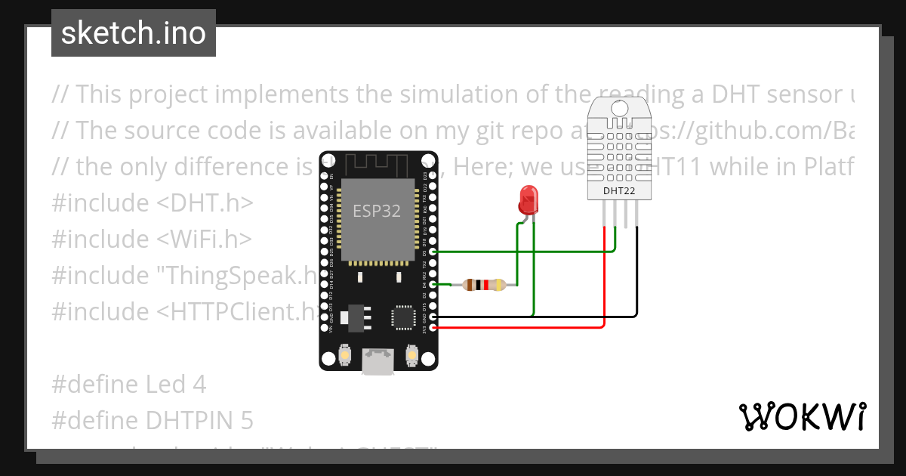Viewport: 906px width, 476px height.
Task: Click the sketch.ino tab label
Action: (x=134, y=33)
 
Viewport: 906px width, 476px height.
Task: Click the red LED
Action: (x=527, y=199)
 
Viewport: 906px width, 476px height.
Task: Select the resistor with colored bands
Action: (x=484, y=285)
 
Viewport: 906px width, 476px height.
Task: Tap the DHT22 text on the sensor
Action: (x=618, y=191)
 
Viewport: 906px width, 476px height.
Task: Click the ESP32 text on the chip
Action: (x=377, y=211)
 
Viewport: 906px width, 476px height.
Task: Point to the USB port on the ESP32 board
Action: (x=377, y=360)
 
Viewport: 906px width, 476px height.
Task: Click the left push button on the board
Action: (x=344, y=354)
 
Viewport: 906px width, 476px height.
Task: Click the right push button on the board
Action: (x=412, y=354)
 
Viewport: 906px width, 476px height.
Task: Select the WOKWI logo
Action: (x=803, y=416)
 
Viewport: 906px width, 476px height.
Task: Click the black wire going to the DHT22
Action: (x=637, y=287)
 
